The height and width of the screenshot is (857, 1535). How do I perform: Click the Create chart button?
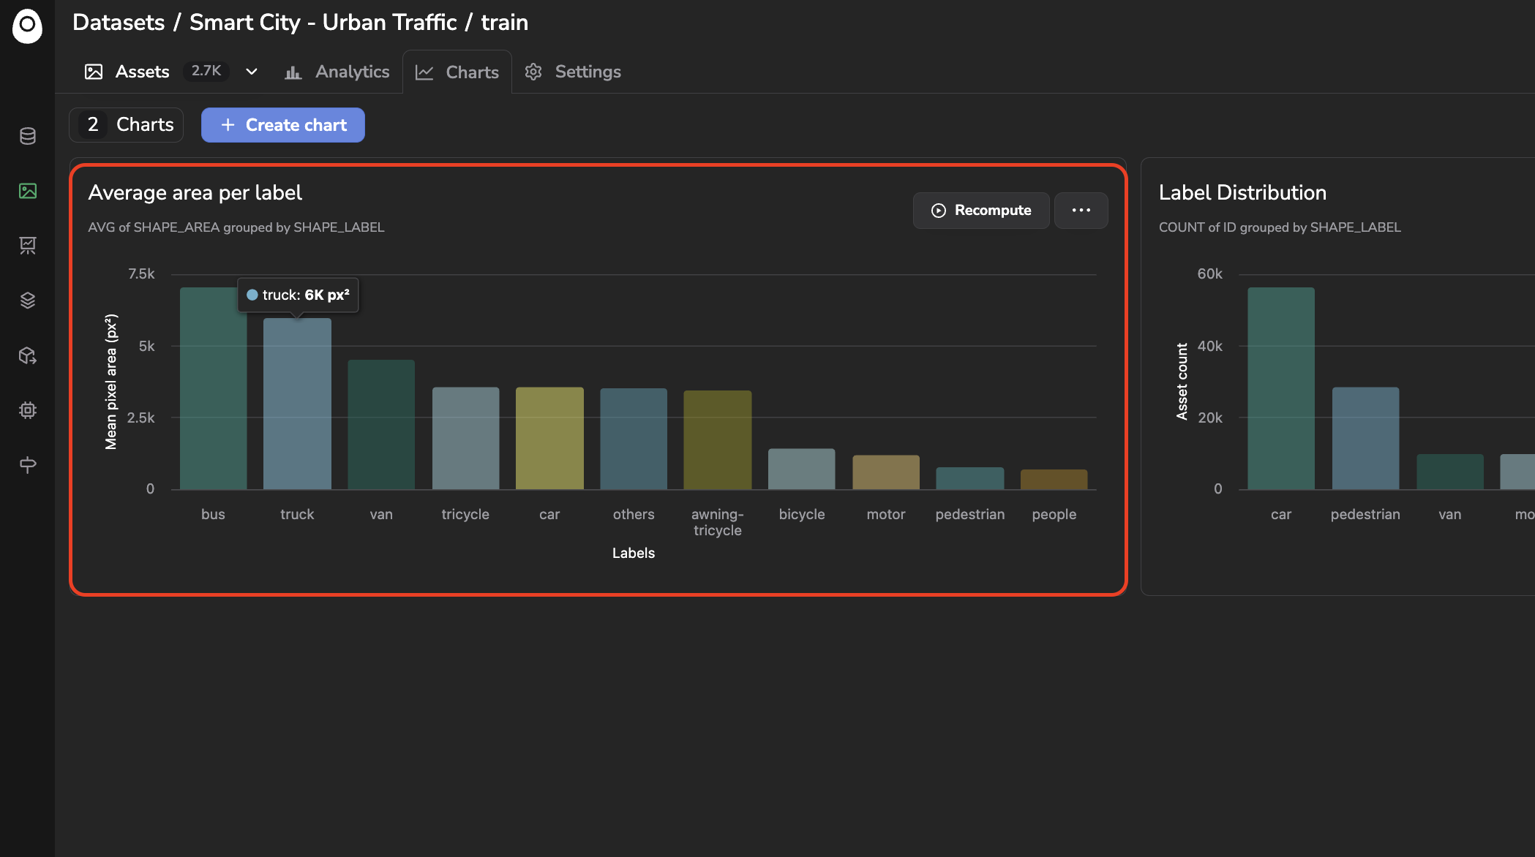coord(283,125)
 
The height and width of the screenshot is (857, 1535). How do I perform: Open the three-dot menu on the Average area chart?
coord(1081,211)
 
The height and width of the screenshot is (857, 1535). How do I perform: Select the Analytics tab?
coord(337,72)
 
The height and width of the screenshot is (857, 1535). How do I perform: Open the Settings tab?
coord(573,72)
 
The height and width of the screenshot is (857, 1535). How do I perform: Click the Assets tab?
coord(127,72)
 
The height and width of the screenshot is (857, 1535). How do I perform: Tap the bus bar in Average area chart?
coord(213,388)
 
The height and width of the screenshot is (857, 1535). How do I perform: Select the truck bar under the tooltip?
coord(297,404)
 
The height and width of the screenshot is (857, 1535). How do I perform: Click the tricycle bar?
coord(465,438)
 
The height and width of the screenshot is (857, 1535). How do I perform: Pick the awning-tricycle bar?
coord(718,439)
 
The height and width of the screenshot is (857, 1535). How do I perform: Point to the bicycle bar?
coord(802,469)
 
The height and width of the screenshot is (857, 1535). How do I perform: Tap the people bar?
coord(1054,479)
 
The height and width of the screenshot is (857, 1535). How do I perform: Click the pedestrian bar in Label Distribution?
coord(1365,438)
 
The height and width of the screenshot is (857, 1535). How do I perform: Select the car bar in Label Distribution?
coord(1281,388)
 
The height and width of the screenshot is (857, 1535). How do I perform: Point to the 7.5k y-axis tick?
coord(141,274)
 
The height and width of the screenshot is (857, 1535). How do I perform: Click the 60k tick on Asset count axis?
coord(1209,274)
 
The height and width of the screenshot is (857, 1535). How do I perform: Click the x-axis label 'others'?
coord(634,514)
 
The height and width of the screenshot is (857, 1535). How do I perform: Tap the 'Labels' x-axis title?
coord(634,553)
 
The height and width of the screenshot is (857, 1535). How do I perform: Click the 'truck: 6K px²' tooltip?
coord(298,295)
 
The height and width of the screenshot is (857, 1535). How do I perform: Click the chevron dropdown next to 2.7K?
coord(252,72)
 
